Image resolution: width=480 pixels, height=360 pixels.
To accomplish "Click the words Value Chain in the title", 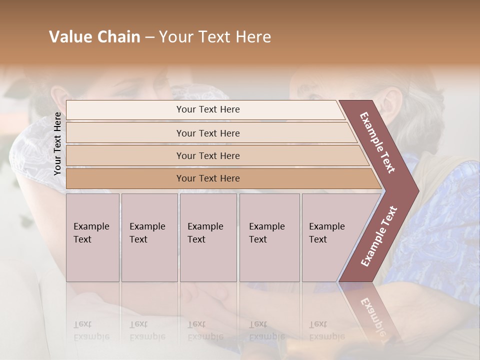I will tap(94, 37).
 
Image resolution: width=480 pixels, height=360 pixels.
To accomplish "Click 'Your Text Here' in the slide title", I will tap(215, 37).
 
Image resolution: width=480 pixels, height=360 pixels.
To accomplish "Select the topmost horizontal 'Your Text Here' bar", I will tap(208, 109).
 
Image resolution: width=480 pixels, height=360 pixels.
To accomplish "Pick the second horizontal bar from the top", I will tap(208, 133).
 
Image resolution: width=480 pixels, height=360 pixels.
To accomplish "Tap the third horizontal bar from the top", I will tap(208, 155).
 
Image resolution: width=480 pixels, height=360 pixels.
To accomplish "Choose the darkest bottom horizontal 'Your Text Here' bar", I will tap(208, 178).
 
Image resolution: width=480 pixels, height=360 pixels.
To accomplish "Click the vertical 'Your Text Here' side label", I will tap(57, 143).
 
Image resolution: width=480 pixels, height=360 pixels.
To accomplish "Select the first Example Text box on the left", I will tap(92, 237).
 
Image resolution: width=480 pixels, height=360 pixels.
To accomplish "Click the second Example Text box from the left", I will tap(149, 237).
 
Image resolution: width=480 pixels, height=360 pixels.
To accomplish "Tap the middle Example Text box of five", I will tap(208, 237).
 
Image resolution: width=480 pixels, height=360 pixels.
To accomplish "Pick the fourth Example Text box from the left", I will tap(269, 237).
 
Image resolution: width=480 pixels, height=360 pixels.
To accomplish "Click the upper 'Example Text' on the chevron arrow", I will tap(378, 142).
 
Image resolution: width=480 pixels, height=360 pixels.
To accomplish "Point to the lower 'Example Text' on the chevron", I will tap(379, 236).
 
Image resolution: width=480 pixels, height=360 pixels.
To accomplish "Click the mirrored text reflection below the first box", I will tap(91, 330).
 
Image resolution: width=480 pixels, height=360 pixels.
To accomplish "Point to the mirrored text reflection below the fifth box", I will tap(326, 330).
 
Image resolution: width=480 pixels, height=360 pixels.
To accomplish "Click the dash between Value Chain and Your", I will tap(149, 37).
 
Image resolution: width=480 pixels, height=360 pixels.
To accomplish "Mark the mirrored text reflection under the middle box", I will tap(205, 330).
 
